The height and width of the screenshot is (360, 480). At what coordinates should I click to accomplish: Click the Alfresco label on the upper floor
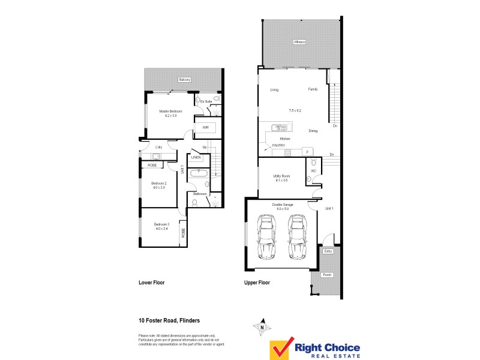299,42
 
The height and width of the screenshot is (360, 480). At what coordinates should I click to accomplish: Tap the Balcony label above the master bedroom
184,80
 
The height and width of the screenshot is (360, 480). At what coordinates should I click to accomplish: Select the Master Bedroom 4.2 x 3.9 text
170,113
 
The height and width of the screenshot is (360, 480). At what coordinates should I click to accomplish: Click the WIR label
205,128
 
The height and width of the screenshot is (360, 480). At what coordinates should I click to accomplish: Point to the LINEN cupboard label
196,157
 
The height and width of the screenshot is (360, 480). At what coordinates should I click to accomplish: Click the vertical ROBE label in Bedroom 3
183,233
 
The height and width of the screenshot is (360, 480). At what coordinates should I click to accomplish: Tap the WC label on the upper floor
313,170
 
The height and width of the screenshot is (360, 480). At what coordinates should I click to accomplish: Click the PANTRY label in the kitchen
278,145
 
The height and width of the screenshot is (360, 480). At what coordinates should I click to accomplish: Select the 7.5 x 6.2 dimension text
295,111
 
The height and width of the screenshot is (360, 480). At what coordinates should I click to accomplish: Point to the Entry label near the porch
328,251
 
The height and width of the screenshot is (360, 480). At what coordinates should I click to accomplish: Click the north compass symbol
262,328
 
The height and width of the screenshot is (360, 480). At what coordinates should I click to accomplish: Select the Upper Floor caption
257,282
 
